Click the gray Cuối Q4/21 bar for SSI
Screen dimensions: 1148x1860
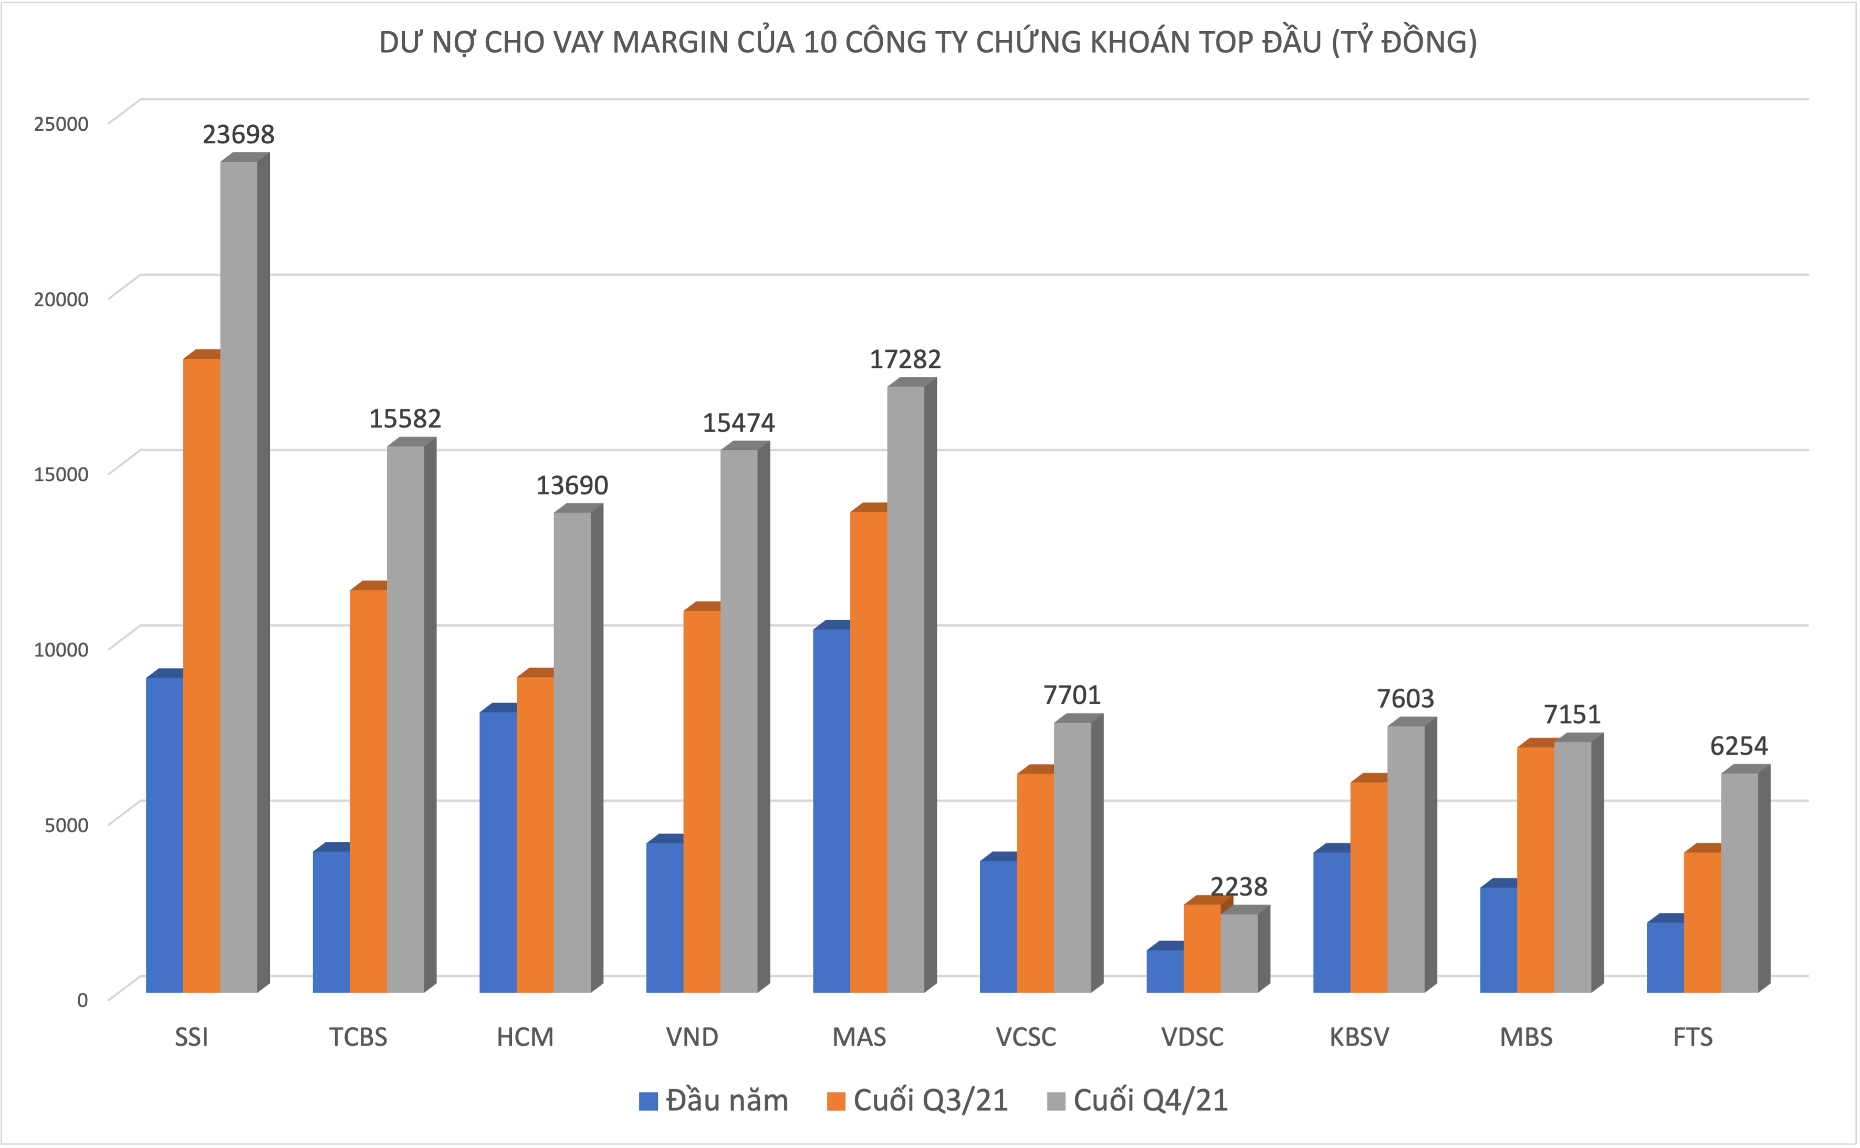click(x=238, y=577)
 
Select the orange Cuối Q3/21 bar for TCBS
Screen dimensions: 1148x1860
click(x=368, y=790)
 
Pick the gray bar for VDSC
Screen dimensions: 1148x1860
click(x=1239, y=952)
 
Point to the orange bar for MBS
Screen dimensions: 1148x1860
click(x=1535, y=869)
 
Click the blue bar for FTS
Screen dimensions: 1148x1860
click(x=1665, y=957)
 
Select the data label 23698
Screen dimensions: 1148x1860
click(x=238, y=134)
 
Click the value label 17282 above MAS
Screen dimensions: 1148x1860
click(x=905, y=359)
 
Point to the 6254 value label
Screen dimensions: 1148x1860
click(x=1739, y=746)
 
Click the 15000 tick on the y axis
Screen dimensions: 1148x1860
click(x=61, y=474)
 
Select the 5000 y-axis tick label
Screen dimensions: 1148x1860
click(x=67, y=825)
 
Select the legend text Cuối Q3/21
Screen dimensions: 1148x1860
click(x=931, y=1101)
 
